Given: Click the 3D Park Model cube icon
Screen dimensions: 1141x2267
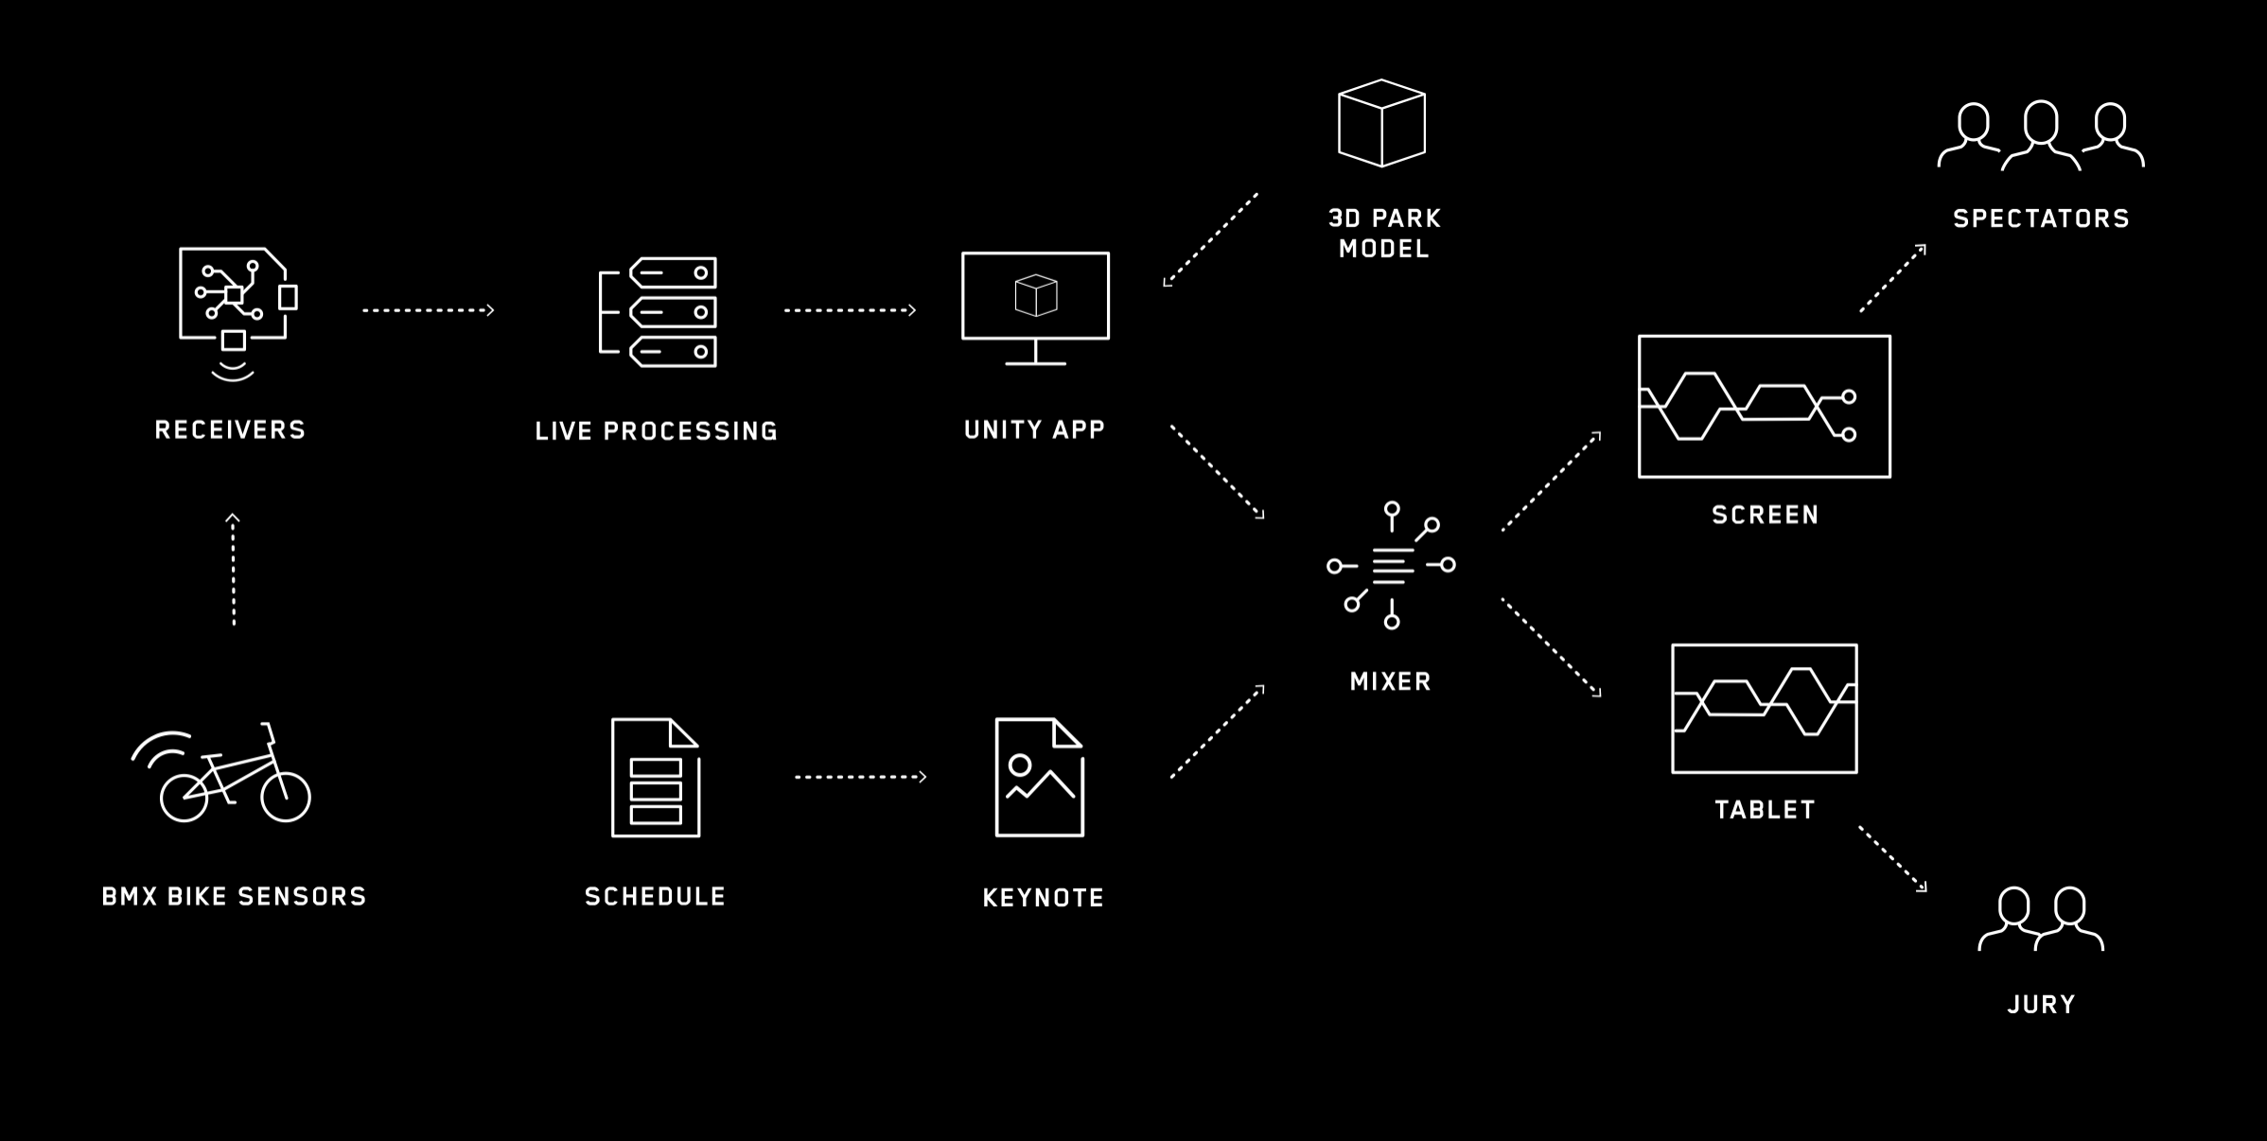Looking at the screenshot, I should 1381,123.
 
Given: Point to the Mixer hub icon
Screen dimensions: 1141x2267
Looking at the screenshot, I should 1391,566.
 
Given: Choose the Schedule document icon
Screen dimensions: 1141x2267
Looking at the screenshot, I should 655,778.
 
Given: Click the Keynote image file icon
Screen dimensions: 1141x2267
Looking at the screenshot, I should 1039,778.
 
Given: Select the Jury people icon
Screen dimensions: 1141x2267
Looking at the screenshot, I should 2041,920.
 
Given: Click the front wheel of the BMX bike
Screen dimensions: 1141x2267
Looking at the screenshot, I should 285,797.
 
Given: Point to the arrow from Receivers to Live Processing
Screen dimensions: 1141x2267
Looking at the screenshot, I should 429,310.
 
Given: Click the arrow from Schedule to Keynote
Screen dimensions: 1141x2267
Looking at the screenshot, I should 860,777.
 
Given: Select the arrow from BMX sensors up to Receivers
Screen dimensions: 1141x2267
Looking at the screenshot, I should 233,570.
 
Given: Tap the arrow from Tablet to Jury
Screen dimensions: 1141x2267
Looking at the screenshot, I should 1892,859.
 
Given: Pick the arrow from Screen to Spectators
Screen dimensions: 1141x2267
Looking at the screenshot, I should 1892,278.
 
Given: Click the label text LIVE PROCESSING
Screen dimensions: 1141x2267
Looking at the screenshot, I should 656,431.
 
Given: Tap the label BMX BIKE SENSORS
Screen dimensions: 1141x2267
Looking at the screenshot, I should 234,897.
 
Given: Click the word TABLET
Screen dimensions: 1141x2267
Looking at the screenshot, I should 1765,810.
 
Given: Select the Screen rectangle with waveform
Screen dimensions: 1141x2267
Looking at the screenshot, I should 1764,407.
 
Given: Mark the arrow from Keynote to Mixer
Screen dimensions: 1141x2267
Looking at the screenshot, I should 1217,732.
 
